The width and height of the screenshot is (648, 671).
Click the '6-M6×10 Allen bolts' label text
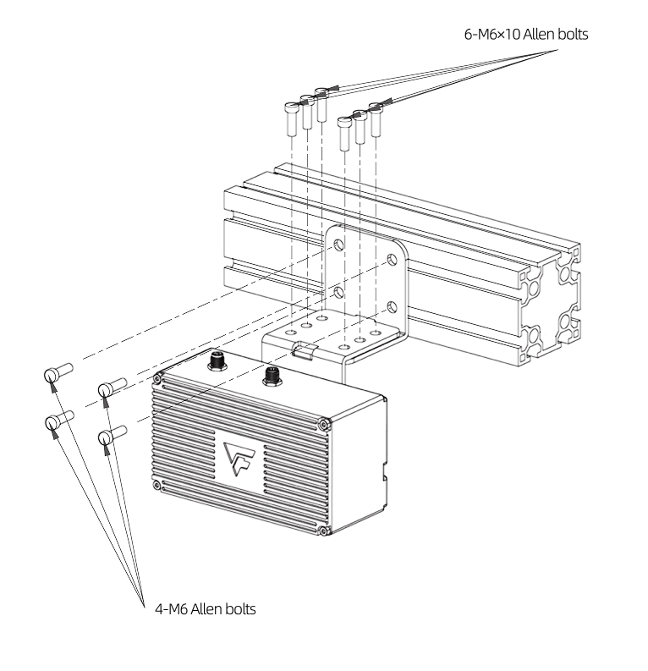(x=525, y=36)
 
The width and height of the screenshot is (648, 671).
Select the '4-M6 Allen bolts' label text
(x=205, y=608)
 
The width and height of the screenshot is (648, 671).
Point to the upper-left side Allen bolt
(x=57, y=372)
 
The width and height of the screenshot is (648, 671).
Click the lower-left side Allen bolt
(x=57, y=420)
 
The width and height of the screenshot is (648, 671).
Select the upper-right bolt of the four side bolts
(x=111, y=388)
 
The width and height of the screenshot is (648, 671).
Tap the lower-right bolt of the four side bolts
(x=111, y=435)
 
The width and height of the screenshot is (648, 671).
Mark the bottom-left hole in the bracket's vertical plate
(x=338, y=292)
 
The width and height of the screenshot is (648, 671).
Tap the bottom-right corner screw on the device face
(x=324, y=531)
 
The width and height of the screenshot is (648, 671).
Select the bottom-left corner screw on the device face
(x=158, y=484)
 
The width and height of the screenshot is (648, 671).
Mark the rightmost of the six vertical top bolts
(x=376, y=118)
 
